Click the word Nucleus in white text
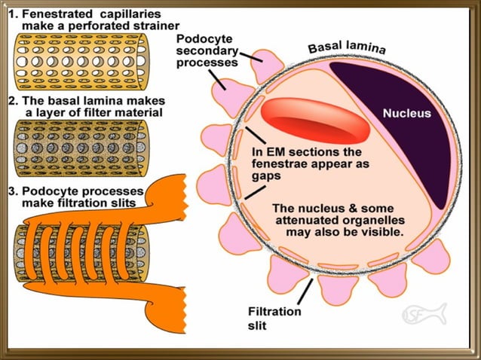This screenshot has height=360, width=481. click(407, 114)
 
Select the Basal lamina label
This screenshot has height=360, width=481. click(347, 47)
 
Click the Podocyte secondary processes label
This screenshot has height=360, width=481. click(207, 50)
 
